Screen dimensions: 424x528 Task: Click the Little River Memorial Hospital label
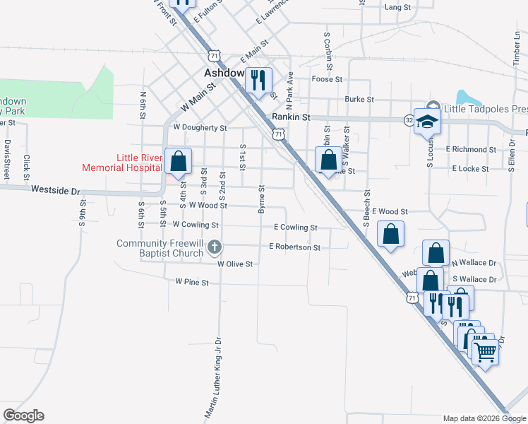pos(121,163)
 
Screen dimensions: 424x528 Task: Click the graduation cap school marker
pos(428,122)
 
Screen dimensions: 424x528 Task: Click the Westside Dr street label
pos(56,190)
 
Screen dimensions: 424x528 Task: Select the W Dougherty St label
pos(200,129)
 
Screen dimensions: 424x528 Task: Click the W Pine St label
pos(193,283)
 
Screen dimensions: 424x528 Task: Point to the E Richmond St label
pos(471,150)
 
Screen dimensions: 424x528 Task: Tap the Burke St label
pos(359,100)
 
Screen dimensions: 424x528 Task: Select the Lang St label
pos(397,7)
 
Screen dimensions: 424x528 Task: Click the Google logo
pos(23,416)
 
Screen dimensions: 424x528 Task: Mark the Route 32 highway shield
pos(409,121)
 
